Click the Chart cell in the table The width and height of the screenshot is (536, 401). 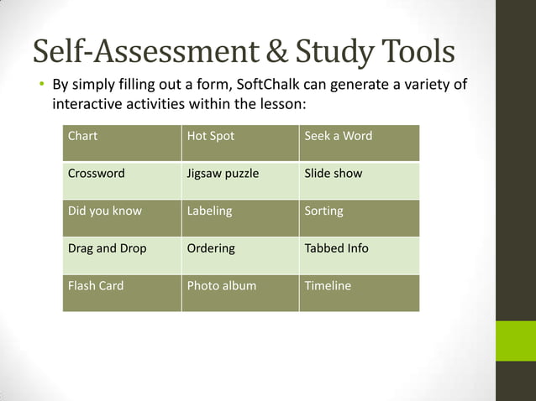pyautogui.click(x=122, y=143)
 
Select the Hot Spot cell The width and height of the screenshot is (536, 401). pyautogui.click(x=240, y=143)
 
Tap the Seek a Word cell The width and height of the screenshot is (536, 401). pyautogui.click(x=359, y=143)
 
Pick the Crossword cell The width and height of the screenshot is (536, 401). pyautogui.click(x=122, y=180)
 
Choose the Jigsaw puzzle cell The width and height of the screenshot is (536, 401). pyautogui.click(x=240, y=180)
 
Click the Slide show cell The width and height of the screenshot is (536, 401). pyautogui.click(x=359, y=180)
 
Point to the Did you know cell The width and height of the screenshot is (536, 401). pyautogui.click(x=122, y=218)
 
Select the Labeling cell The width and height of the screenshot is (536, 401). pyautogui.click(x=240, y=218)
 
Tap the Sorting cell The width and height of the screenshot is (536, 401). pyautogui.click(x=359, y=218)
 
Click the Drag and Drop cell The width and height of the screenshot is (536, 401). pyautogui.click(x=122, y=256)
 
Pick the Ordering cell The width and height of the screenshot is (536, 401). pyautogui.click(x=240, y=256)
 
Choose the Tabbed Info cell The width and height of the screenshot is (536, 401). pyautogui.click(x=359, y=256)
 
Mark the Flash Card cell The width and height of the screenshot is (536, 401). pyautogui.click(x=122, y=293)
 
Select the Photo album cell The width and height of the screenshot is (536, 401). pyautogui.click(x=240, y=293)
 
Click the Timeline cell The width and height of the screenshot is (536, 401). pyautogui.click(x=359, y=293)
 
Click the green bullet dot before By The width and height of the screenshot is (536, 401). pyautogui.click(x=39, y=85)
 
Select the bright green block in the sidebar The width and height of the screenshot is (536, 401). pyautogui.click(x=515, y=341)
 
